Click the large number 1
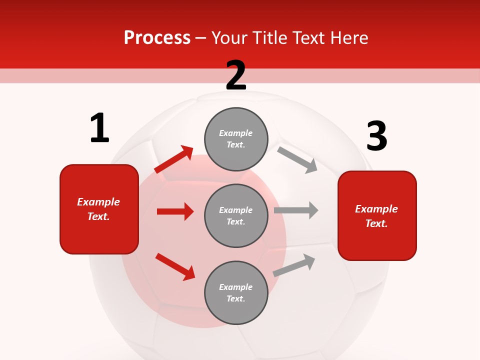(x=99, y=128)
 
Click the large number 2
(x=236, y=75)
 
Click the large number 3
(x=376, y=136)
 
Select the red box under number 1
(x=99, y=209)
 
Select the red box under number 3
(x=377, y=215)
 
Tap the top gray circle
(x=236, y=139)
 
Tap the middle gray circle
(x=236, y=215)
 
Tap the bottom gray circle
(x=236, y=292)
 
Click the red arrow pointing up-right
(x=174, y=159)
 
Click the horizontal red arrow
(x=175, y=211)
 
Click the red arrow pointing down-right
(x=175, y=266)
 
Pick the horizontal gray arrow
(x=296, y=210)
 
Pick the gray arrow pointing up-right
(x=294, y=265)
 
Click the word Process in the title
(x=157, y=37)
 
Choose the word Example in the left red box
(x=98, y=202)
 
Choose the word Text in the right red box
(x=375, y=223)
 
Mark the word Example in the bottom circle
(x=236, y=287)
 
